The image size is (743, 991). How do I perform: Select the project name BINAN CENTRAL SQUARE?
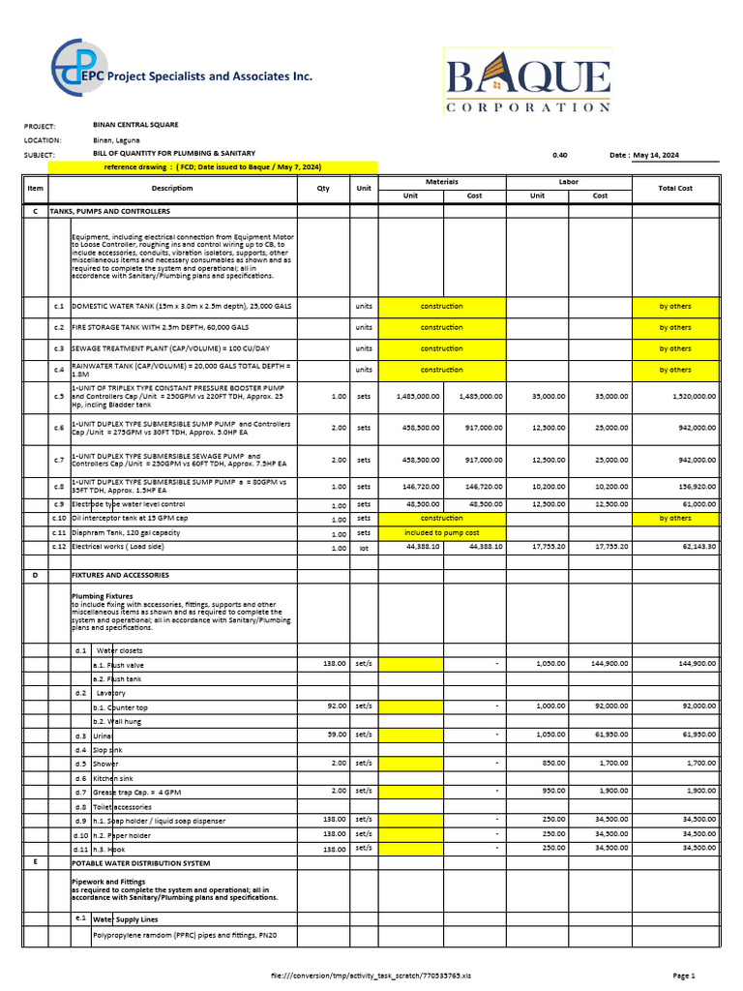(135, 125)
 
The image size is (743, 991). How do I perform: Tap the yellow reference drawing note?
(213, 167)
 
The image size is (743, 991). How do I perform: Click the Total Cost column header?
(675, 189)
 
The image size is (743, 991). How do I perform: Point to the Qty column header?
(323, 189)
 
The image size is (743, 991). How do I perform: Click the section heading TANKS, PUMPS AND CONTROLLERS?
(121, 211)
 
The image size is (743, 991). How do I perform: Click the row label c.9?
(59, 504)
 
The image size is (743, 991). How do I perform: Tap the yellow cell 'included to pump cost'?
(442, 533)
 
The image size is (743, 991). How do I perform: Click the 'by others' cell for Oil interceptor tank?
(675, 519)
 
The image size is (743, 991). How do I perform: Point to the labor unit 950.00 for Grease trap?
(553, 791)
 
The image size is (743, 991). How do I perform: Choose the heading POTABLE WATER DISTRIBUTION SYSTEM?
(140, 862)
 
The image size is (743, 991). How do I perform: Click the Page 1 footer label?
(684, 976)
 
